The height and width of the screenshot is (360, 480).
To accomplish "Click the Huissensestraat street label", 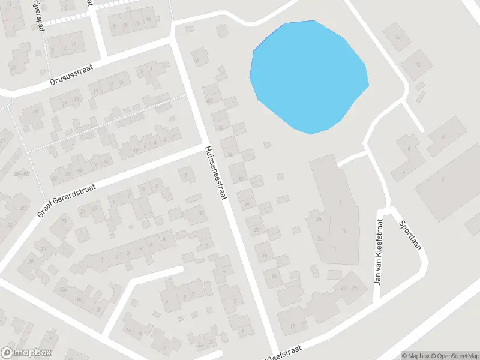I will (x=216, y=174).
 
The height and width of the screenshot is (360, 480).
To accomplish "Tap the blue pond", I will (x=309, y=75).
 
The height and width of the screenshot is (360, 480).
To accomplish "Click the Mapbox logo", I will (x=26, y=353).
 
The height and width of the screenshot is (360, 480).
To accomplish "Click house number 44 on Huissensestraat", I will (x=196, y=59).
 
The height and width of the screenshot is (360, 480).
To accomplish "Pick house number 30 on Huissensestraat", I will (x=241, y=179).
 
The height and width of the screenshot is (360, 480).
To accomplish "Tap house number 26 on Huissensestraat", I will (x=247, y=204).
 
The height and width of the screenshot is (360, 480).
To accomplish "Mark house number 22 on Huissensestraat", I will (x=257, y=230).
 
